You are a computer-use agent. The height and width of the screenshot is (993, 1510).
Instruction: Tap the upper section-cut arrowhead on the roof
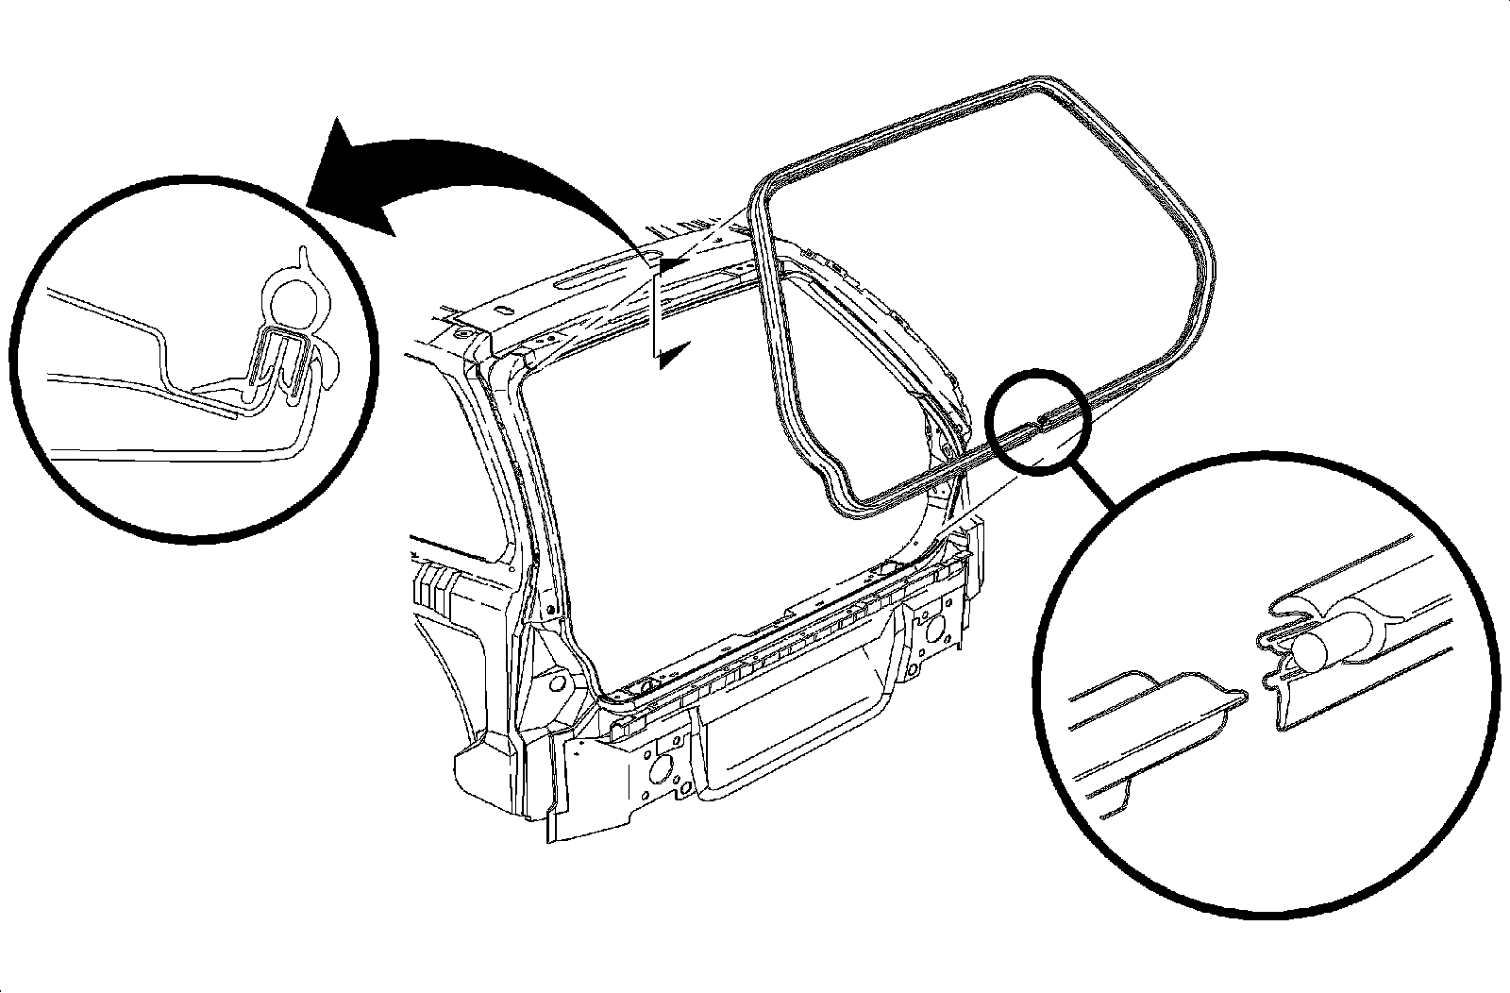click(668, 265)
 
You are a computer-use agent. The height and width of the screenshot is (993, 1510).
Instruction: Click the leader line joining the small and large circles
click(1100, 491)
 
